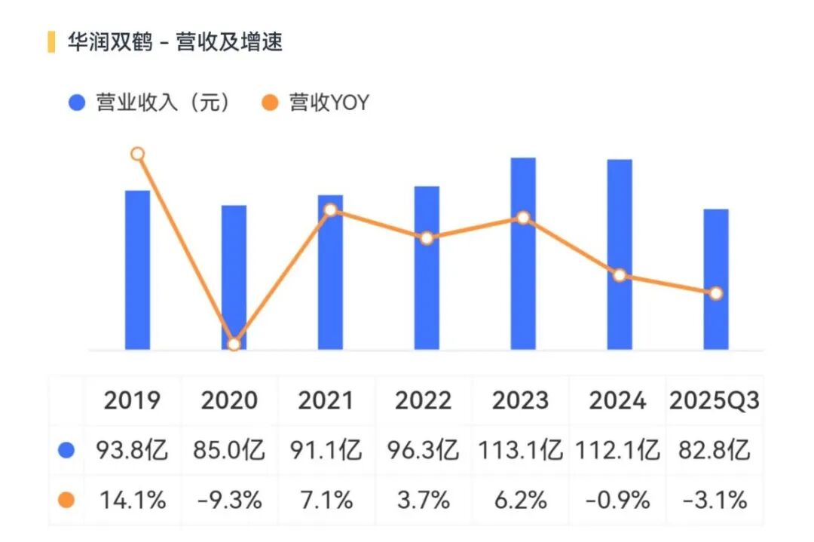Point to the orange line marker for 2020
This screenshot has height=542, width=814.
234,344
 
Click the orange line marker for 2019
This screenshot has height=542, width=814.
137,154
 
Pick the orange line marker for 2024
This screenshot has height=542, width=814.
620,275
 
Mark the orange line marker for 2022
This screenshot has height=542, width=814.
427,238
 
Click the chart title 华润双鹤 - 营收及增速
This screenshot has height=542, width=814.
175,42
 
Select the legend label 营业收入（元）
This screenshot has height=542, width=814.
162,103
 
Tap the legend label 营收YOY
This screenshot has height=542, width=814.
329,103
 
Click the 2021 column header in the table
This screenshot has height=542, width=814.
326,400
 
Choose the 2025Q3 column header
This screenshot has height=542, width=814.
714,400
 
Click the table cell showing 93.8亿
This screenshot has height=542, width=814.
133,450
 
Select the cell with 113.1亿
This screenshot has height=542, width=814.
520,450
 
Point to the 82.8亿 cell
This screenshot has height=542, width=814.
714,450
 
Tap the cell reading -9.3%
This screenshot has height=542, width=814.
229,499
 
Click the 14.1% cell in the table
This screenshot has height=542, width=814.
133,499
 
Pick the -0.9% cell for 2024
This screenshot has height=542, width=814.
617,499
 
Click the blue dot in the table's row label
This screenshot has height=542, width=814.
66,450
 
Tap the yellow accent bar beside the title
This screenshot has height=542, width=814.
51,42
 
